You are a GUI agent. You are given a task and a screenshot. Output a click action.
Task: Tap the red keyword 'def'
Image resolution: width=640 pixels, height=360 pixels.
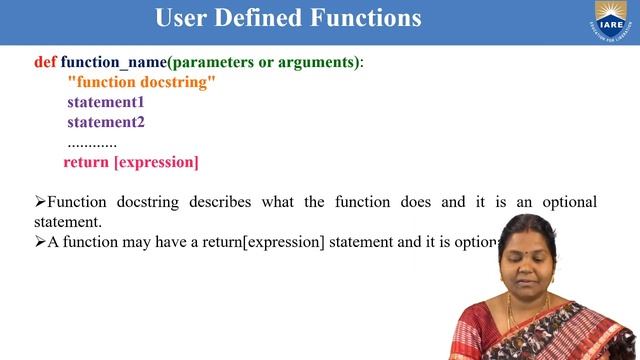(45, 62)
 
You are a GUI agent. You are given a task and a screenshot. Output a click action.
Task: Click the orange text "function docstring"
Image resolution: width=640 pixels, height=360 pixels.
(141, 82)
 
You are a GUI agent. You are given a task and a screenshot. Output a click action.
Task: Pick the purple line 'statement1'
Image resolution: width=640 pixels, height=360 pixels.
(106, 102)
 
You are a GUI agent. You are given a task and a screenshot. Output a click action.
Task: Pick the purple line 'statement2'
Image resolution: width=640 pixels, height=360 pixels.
(106, 122)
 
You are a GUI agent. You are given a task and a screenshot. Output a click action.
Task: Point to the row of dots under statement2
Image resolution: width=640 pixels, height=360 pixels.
(92, 142)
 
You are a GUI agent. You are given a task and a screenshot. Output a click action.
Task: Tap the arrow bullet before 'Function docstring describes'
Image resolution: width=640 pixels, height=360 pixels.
(40, 202)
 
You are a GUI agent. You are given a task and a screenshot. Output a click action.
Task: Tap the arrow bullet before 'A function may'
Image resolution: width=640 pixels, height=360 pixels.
(40, 242)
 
